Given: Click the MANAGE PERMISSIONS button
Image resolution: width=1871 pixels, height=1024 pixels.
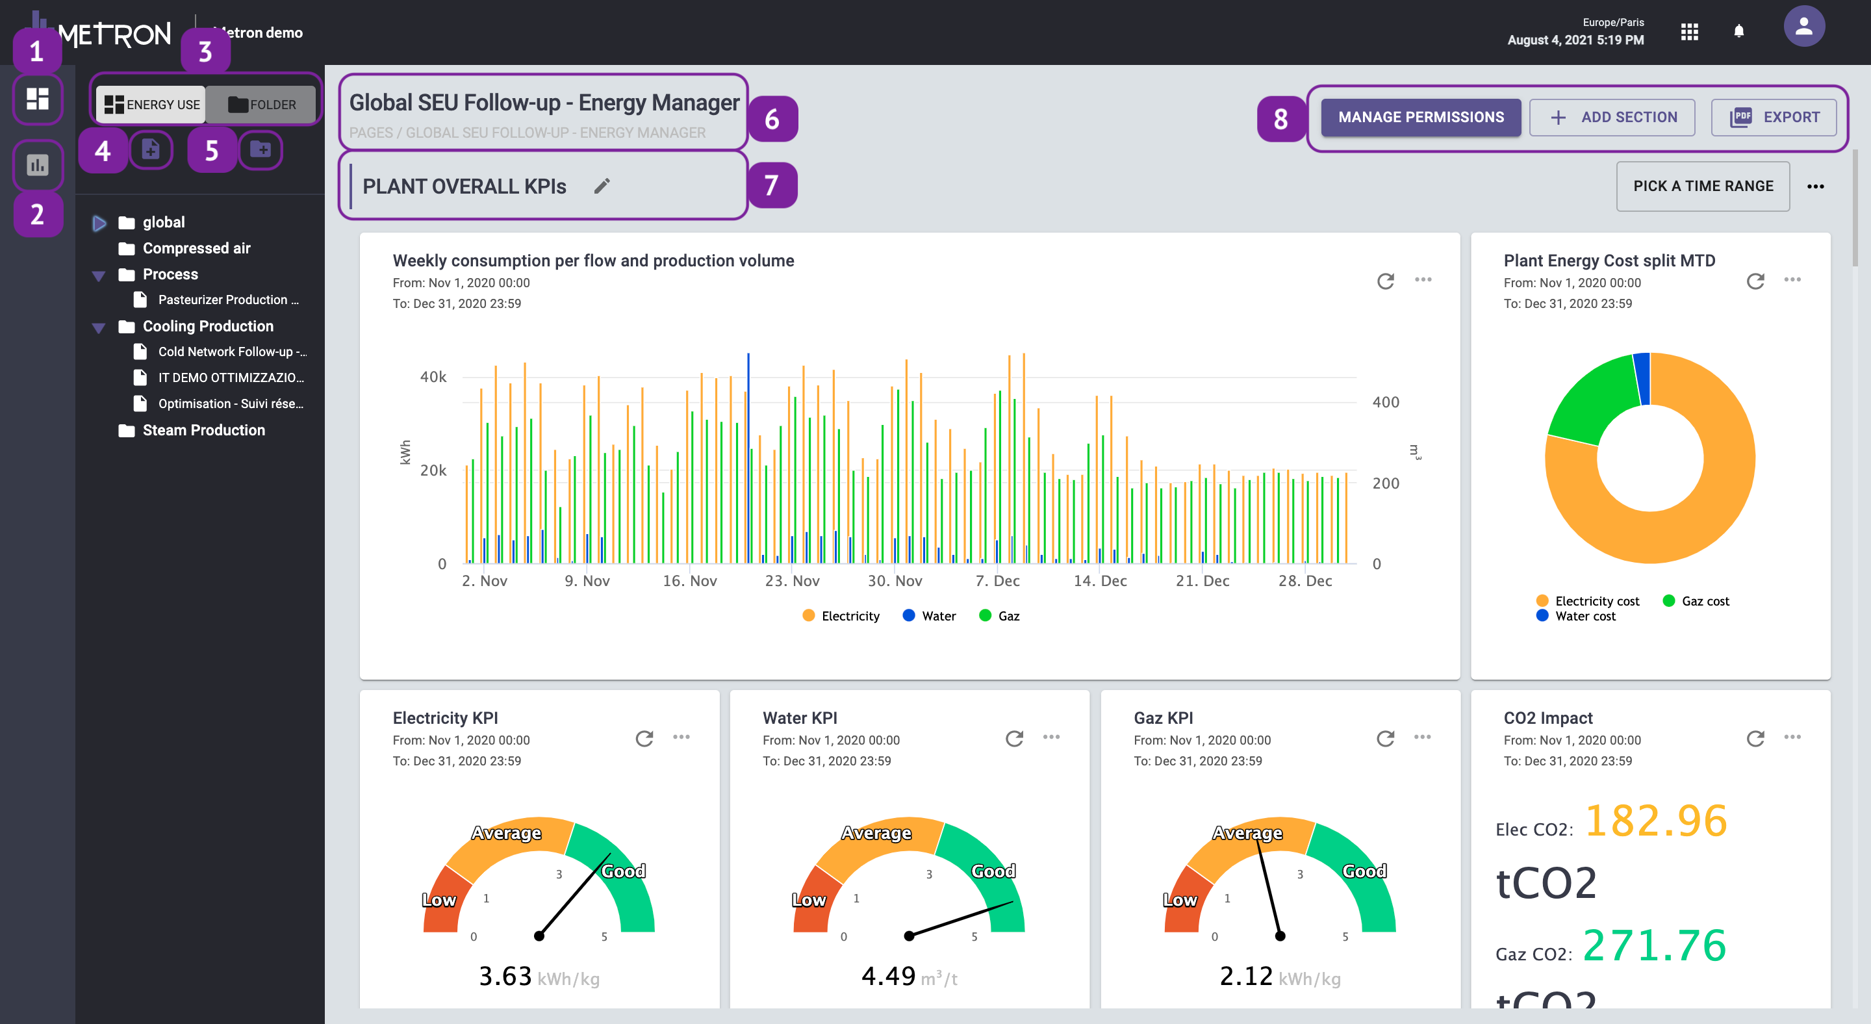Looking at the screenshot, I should tap(1420, 117).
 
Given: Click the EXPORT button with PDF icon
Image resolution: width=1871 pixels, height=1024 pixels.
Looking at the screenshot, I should tap(1773, 117).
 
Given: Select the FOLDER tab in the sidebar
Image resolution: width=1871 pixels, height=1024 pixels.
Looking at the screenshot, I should tap(261, 105).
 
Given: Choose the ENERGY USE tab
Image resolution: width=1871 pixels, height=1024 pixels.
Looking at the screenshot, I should tap(152, 105).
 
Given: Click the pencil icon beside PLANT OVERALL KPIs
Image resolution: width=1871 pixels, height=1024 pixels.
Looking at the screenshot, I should tap(602, 186).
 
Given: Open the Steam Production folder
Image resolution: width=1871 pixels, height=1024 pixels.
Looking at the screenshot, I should tap(203, 430).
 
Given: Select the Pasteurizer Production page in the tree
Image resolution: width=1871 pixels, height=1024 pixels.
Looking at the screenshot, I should tap(227, 300).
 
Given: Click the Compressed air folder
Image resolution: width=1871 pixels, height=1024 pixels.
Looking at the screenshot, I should tap(196, 248).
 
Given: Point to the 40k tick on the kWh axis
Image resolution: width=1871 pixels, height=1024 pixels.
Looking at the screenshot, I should tap(433, 377).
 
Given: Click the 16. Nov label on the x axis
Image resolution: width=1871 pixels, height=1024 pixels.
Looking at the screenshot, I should tap(689, 581).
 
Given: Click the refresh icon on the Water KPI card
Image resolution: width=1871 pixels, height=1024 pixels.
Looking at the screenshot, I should tap(1014, 739).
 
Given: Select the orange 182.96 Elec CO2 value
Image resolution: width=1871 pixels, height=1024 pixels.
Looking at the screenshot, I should tap(1655, 821).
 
